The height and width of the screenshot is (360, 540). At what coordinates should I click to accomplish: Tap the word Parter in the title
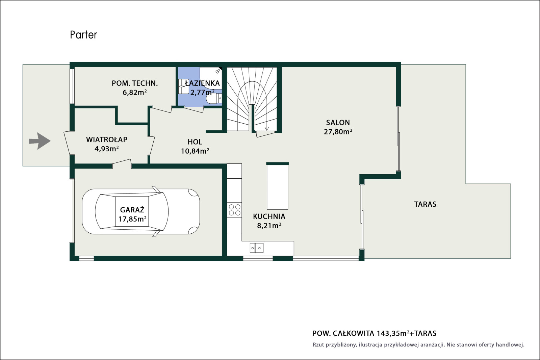coord(83,35)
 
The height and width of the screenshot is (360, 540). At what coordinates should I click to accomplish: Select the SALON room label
coord(338,123)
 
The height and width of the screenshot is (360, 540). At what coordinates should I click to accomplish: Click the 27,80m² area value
coord(338,132)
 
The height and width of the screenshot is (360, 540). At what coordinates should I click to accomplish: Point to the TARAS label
coord(425,204)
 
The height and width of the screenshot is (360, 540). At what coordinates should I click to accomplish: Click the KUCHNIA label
coord(269,216)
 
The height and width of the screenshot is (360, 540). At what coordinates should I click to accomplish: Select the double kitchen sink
coord(257,248)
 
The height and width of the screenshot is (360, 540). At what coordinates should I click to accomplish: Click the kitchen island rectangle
coord(278,186)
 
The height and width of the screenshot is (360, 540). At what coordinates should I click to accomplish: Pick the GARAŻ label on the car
coord(132,210)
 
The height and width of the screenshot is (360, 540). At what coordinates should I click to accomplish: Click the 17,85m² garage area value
coord(132,219)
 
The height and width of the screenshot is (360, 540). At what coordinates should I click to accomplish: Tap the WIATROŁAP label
coord(107,139)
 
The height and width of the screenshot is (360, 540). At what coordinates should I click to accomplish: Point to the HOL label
coord(195,142)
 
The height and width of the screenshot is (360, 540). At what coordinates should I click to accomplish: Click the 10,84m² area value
coord(195,151)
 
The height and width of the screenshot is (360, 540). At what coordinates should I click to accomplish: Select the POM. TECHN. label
coord(134,83)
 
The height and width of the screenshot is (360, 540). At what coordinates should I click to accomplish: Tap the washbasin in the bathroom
coord(183,86)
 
